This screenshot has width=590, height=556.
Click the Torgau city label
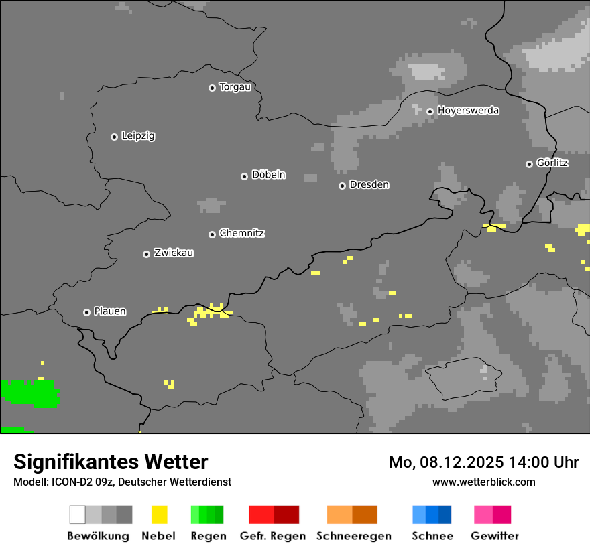coord(235,87)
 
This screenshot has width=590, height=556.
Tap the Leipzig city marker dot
coord(114,137)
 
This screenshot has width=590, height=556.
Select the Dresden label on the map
coord(369,184)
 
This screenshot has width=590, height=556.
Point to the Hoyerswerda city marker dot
coord(430,111)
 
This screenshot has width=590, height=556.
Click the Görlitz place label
coord(552,163)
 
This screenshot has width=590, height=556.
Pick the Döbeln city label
coord(268,175)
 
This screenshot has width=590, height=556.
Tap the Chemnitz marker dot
coord(213,234)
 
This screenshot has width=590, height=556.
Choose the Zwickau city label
coord(174,253)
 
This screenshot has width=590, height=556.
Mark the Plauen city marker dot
coord(87,312)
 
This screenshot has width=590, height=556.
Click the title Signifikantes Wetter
coord(111,462)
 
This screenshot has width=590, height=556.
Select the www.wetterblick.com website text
coord(483,482)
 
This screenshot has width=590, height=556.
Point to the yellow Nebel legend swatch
coord(159,514)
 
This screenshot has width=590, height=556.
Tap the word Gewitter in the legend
coord(494,536)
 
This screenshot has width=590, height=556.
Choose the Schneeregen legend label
coord(353,536)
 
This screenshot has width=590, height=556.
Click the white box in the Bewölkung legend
coord(78,514)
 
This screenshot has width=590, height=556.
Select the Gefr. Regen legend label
coord(273,536)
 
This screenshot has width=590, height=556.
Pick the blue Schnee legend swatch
coord(432,514)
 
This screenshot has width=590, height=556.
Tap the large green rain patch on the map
coord(30,394)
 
